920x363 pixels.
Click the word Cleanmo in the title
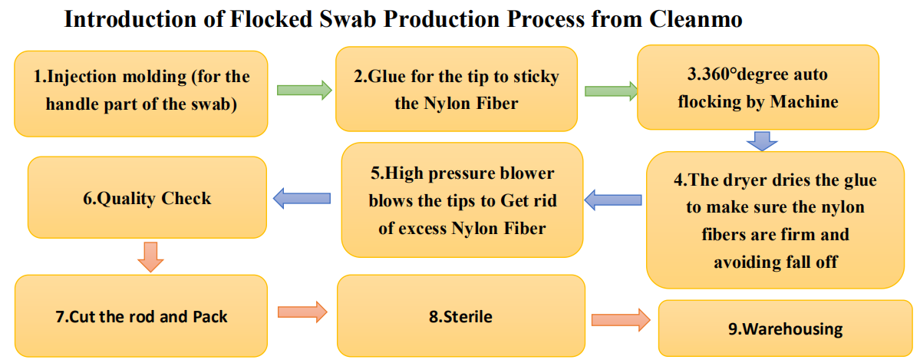[696, 19]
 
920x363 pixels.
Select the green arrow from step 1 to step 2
[304, 91]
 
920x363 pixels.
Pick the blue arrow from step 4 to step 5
[614, 200]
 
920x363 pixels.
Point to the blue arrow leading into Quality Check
[302, 198]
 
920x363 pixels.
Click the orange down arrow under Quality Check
[151, 256]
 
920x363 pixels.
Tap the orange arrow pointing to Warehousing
[621, 320]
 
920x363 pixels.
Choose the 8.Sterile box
[460, 316]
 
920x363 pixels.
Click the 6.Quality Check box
[147, 198]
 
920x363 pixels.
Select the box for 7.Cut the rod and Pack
[141, 316]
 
